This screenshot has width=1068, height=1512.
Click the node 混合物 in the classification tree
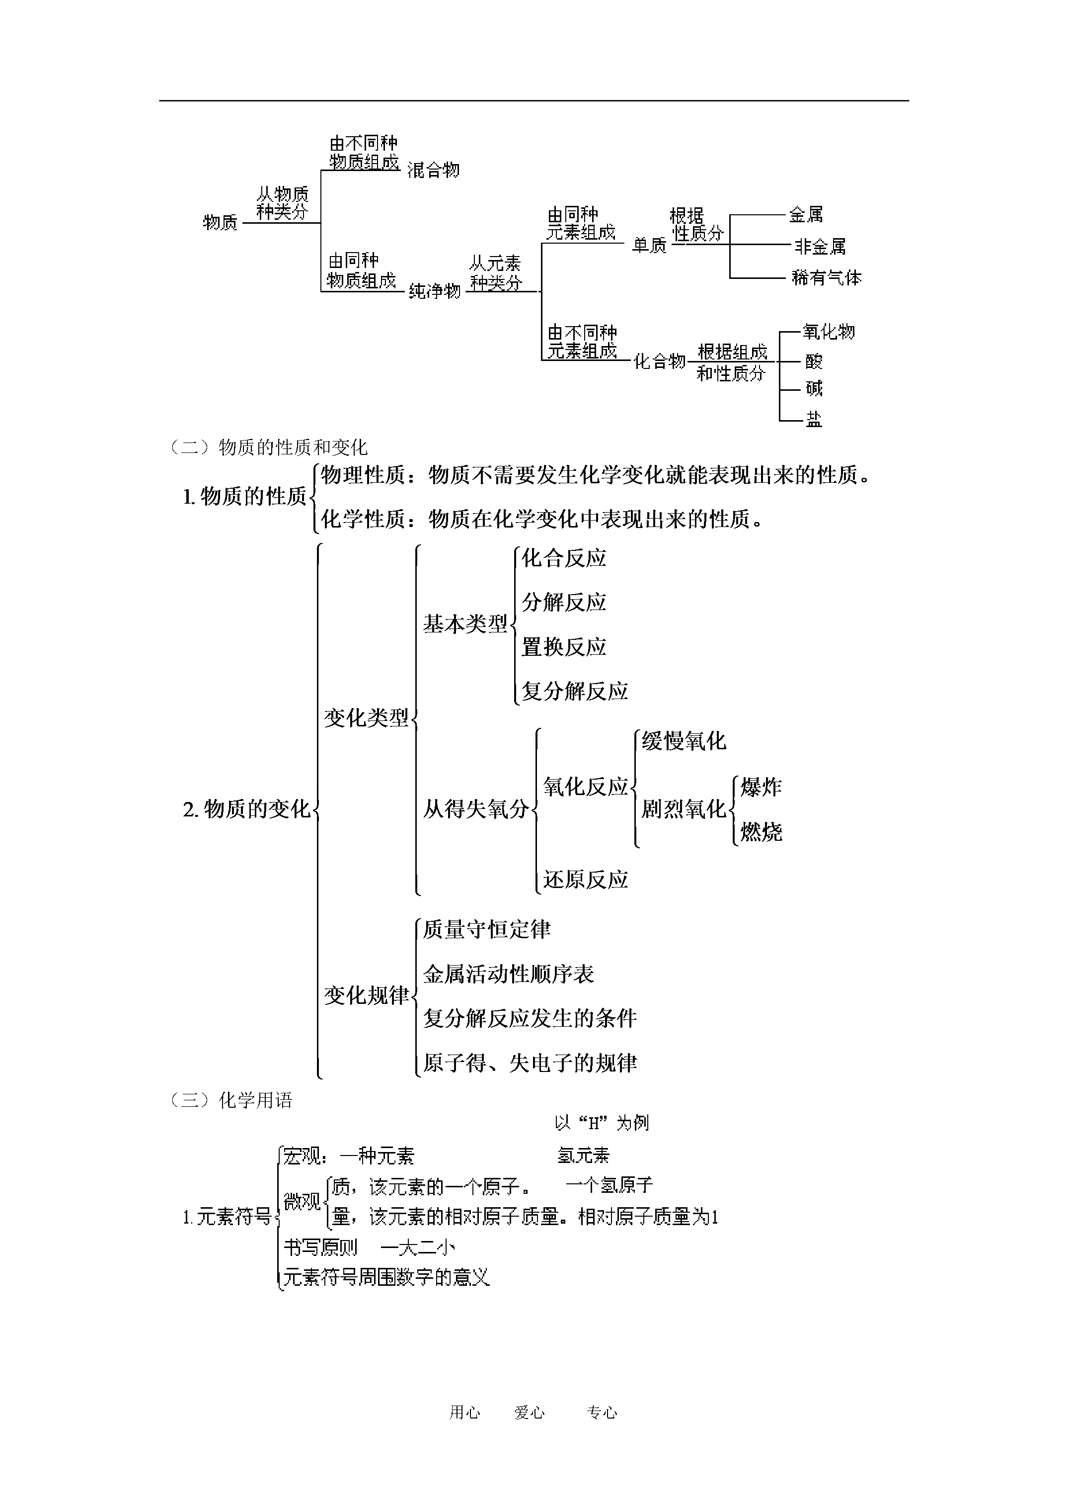pyautogui.click(x=434, y=170)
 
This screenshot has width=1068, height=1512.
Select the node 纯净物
pyautogui.click(x=435, y=290)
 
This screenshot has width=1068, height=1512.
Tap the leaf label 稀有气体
pyautogui.click(x=827, y=277)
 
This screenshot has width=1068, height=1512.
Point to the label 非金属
pyautogui.click(x=820, y=246)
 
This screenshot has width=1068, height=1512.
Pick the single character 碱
pyautogui.click(x=814, y=388)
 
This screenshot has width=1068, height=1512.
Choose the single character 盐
pyautogui.click(x=814, y=419)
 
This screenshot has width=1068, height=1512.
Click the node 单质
pyautogui.click(x=649, y=245)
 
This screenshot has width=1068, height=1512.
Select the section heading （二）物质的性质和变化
pyautogui.click(x=268, y=448)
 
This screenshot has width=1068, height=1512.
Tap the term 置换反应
pyautogui.click(x=564, y=647)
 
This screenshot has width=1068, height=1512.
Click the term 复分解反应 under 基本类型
pyautogui.click(x=575, y=691)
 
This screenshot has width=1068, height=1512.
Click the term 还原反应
pyautogui.click(x=586, y=879)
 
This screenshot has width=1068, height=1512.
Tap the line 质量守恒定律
pyautogui.click(x=487, y=929)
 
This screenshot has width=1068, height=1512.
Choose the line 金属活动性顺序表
pyautogui.click(x=509, y=974)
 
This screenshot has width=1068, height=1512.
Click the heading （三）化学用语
pyautogui.click(x=231, y=1100)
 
